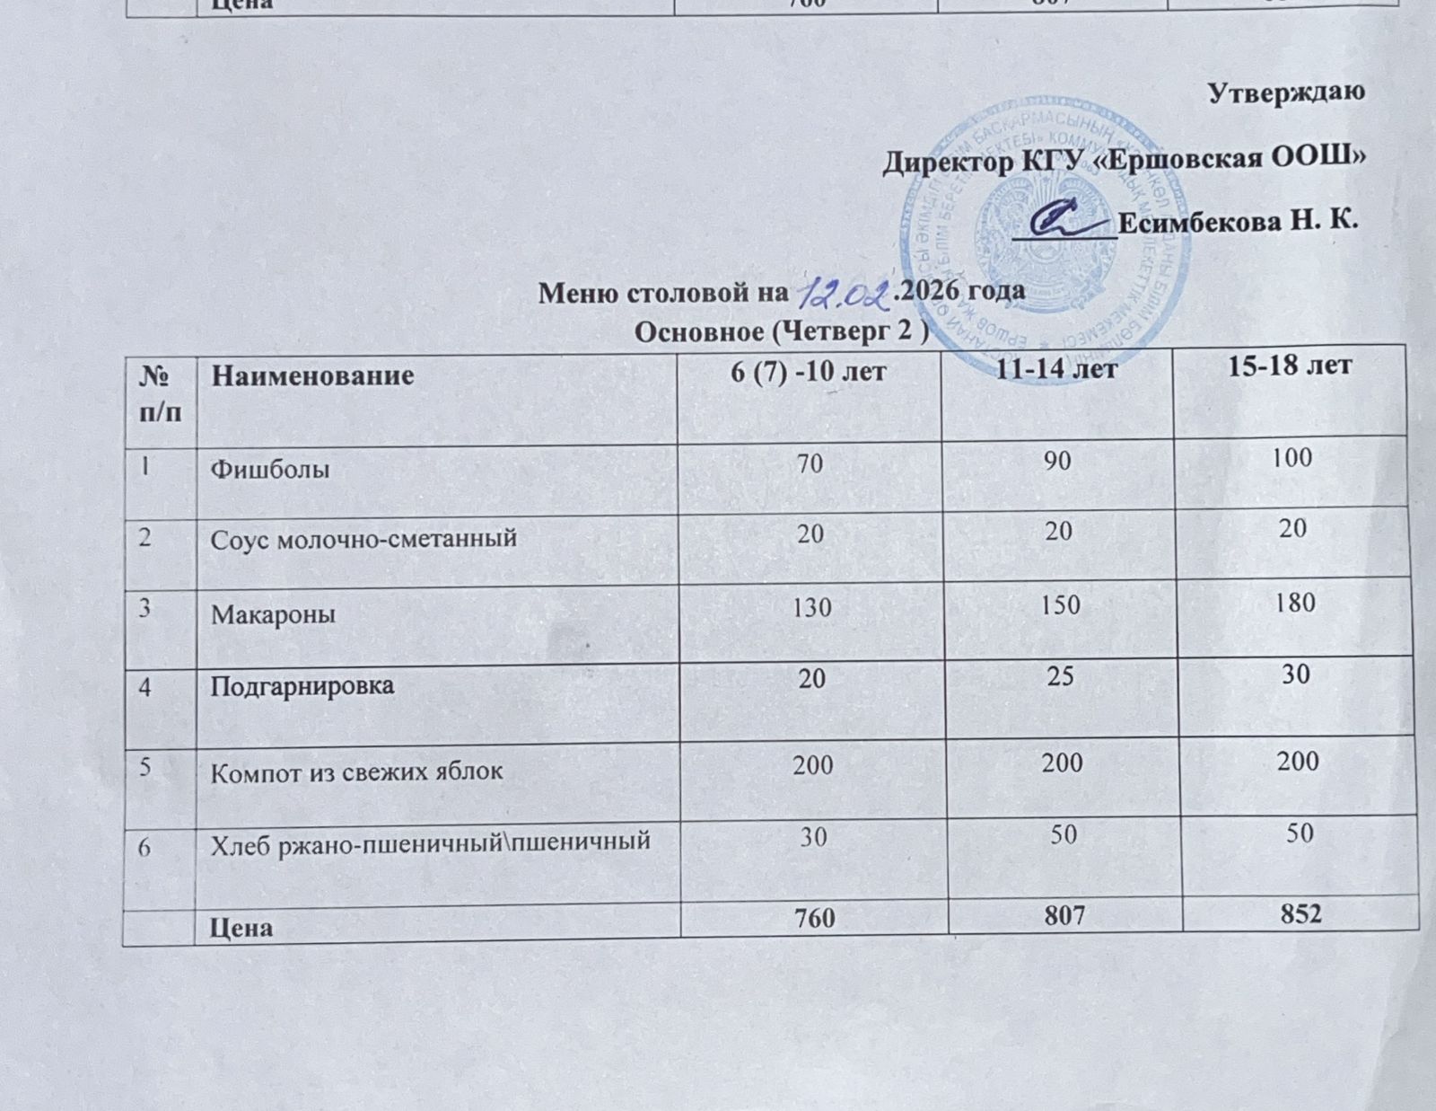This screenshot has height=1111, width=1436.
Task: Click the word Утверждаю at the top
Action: click(1288, 93)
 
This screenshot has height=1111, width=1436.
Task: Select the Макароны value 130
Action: click(810, 608)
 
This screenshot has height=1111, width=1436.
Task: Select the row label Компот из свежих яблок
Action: click(356, 772)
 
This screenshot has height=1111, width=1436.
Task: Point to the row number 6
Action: click(144, 845)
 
